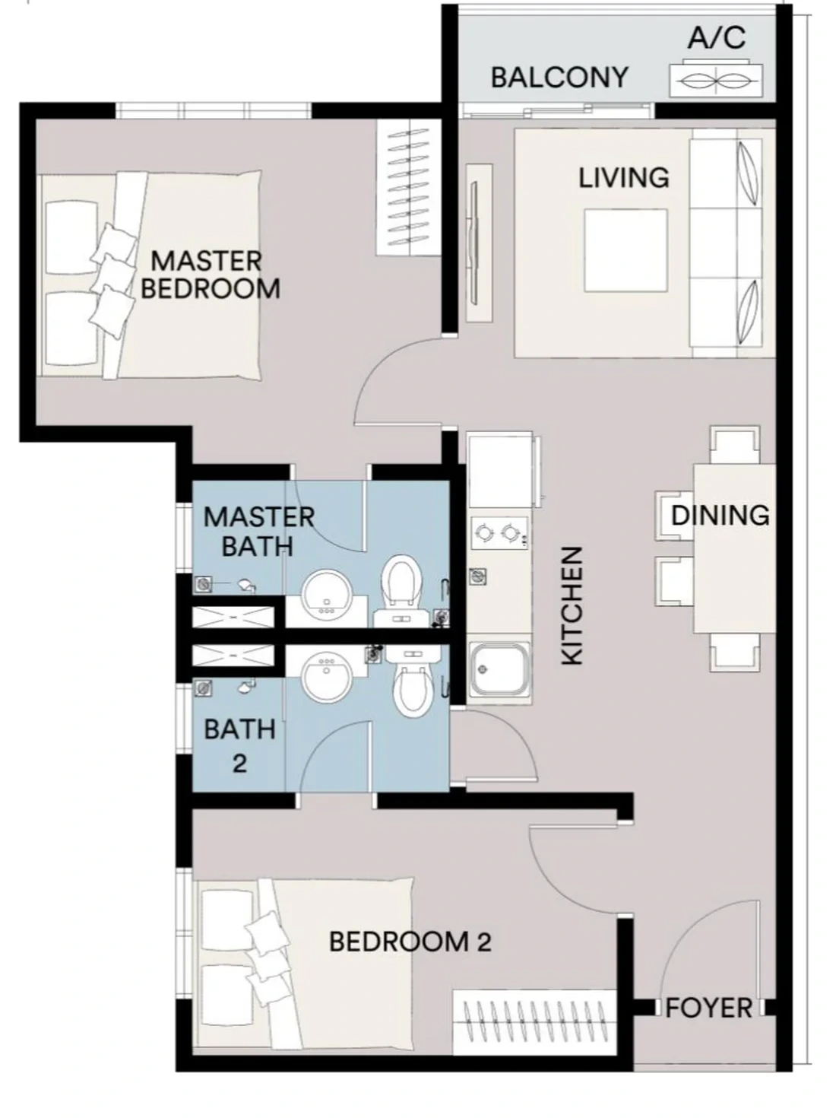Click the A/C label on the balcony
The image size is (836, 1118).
[717, 37]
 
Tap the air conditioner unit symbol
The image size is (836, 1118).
[715, 80]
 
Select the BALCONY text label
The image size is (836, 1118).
[559, 78]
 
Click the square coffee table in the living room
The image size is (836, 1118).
[625, 250]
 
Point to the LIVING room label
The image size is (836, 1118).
[624, 177]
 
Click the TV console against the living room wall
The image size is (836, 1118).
[479, 243]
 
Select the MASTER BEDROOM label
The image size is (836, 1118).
[211, 275]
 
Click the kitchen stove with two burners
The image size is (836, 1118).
[499, 533]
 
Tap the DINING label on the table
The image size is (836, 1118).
[720, 516]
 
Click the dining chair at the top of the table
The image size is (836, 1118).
[735, 445]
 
